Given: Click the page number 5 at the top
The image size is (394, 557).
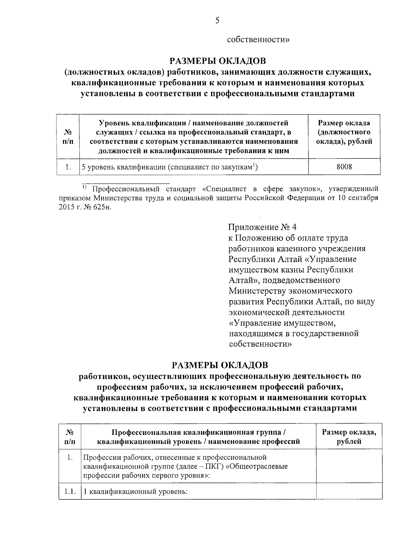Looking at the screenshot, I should coord(217,21).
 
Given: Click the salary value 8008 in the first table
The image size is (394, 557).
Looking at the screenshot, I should coord(344,167).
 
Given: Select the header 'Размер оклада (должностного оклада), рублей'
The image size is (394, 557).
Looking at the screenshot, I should coord(344,132).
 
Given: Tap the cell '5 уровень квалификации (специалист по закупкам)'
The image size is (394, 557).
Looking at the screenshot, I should coord(169,167).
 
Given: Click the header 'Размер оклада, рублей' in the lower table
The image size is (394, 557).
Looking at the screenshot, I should coord(349,437).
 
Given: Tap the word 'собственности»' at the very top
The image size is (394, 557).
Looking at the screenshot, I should coord(258,40).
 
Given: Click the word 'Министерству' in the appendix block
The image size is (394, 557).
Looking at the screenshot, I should coord(257,291).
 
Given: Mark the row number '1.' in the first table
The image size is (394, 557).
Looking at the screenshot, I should coord(68,167).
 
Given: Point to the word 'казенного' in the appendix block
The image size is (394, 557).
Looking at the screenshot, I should coord(284,248).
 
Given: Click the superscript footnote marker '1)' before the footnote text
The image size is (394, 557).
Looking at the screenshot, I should coord(84,187).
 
